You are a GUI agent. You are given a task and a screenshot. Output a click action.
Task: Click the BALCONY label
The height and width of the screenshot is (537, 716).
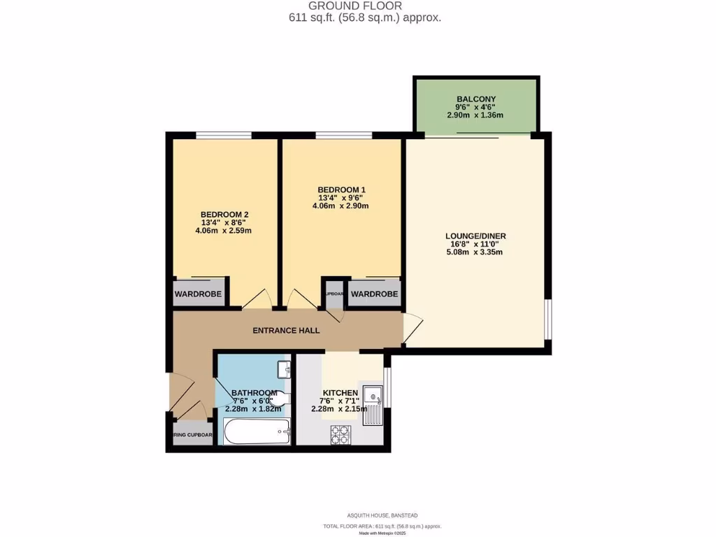click(475, 99)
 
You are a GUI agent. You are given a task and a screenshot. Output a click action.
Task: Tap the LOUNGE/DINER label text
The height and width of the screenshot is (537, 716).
click(475, 236)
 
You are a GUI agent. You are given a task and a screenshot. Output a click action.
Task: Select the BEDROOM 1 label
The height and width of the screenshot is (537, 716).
click(341, 189)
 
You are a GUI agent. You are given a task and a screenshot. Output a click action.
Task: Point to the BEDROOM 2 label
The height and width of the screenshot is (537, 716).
click(224, 215)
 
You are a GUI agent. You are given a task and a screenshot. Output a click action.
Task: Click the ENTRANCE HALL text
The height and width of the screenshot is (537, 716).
click(286, 330)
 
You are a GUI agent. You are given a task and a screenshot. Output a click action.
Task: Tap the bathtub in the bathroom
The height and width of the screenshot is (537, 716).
click(257, 431)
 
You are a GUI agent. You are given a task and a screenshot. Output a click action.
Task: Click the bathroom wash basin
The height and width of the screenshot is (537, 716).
click(283, 368)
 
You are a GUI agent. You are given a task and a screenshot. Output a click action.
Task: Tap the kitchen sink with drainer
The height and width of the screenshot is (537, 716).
click(373, 405)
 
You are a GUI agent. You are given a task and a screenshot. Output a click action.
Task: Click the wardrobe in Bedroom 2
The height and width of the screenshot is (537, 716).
click(198, 294)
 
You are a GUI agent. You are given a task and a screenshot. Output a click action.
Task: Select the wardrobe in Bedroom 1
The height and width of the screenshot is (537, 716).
click(374, 294)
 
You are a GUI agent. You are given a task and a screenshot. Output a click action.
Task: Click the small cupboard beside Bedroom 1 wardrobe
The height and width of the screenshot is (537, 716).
click(334, 294)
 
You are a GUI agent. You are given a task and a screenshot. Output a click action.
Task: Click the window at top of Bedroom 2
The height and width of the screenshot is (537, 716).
click(224, 135)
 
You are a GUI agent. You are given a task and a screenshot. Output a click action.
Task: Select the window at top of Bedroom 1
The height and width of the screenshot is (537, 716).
click(343, 135)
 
